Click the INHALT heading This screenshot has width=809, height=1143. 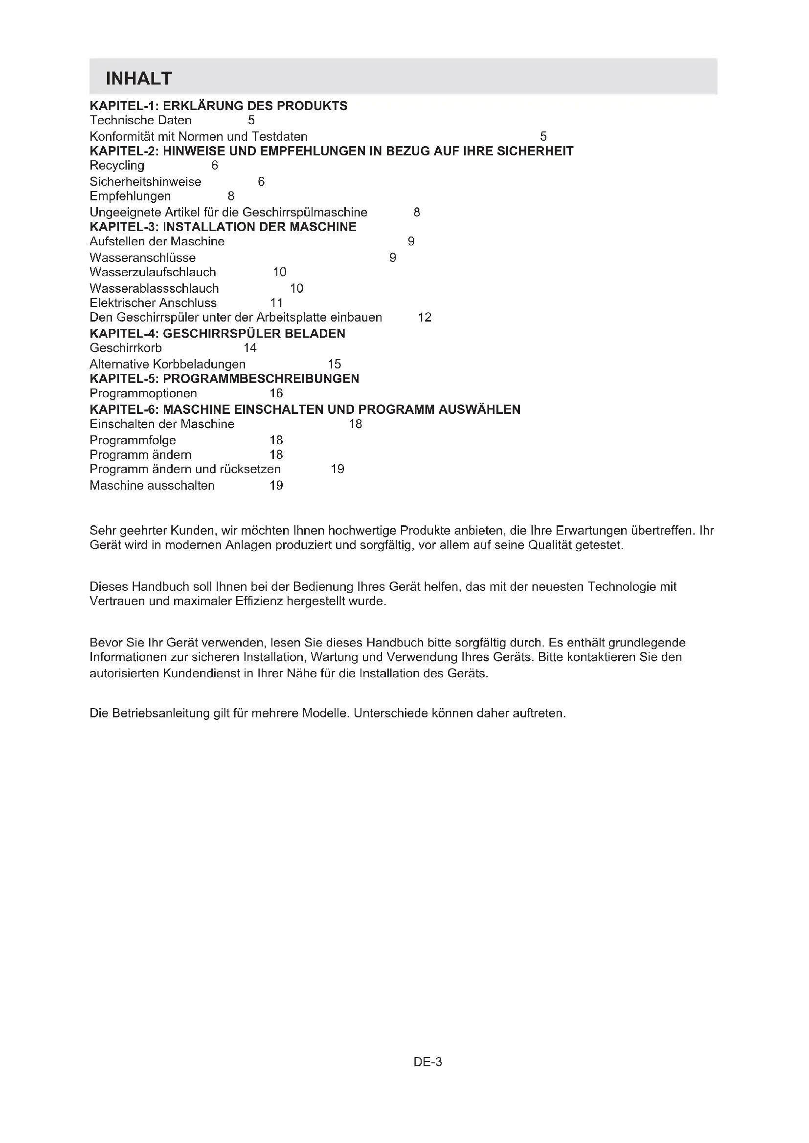pyautogui.click(x=138, y=79)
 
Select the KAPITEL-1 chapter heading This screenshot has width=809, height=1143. pyautogui.click(x=218, y=106)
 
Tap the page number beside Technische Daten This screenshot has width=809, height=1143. pyautogui.click(x=251, y=120)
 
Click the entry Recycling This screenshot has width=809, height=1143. pyautogui.click(x=117, y=165)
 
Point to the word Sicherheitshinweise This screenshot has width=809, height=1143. pyautogui.click(x=145, y=181)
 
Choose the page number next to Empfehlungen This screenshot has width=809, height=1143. pyautogui.click(x=231, y=196)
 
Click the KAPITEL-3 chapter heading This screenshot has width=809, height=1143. pyautogui.click(x=223, y=227)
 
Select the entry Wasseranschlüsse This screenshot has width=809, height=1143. pyautogui.click(x=142, y=258)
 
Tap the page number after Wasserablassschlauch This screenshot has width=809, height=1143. pyautogui.click(x=296, y=288)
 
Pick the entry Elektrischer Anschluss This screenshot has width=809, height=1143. pyautogui.click(x=153, y=302)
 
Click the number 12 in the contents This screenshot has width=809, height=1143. pyautogui.click(x=425, y=317)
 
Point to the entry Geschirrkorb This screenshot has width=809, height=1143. pyautogui.click(x=126, y=347)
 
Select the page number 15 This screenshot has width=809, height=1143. pyautogui.click(x=334, y=364)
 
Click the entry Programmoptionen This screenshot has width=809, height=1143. pyautogui.click(x=143, y=393)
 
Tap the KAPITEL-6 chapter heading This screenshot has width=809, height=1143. pyautogui.click(x=305, y=409)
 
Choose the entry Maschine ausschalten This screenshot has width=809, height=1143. pyautogui.click(x=152, y=485)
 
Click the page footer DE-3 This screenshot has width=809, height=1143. pyautogui.click(x=427, y=1062)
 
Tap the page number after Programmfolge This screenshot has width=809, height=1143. pyautogui.click(x=276, y=440)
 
